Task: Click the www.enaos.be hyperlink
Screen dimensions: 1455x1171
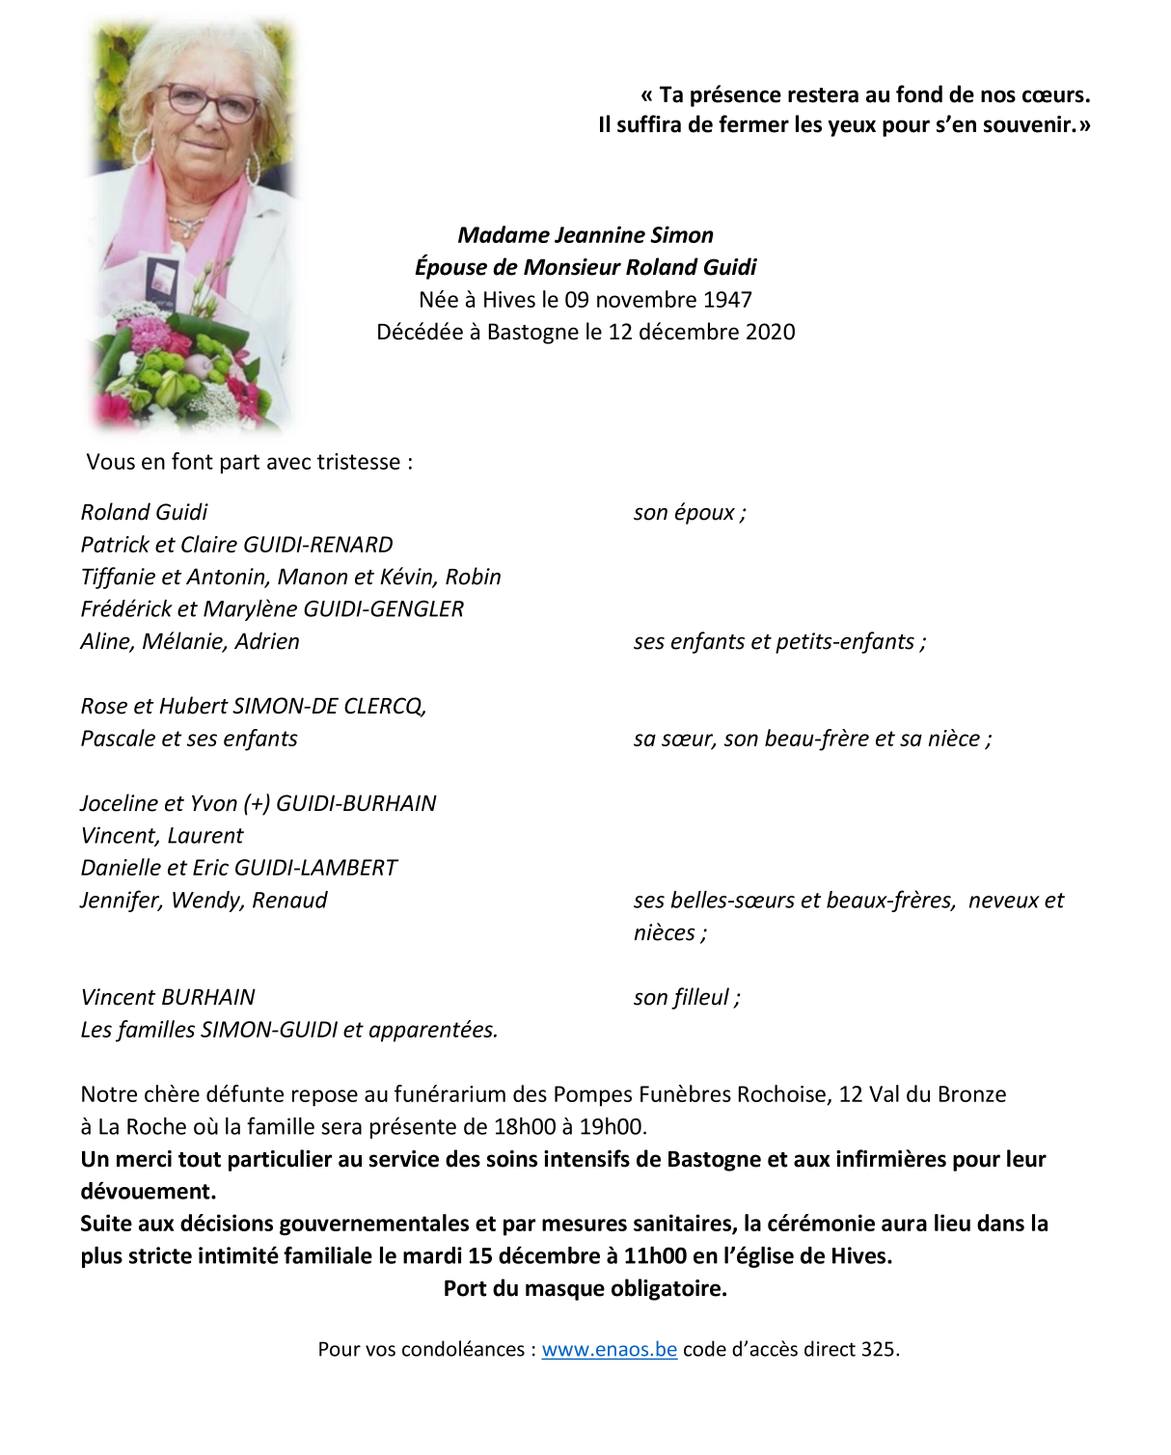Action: pos(609,1349)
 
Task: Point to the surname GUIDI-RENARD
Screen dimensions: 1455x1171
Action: pos(318,545)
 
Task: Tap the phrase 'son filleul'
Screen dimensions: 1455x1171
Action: pos(681,998)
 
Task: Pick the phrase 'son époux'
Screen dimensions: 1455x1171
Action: pos(684,513)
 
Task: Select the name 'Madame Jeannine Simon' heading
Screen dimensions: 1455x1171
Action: pos(585,235)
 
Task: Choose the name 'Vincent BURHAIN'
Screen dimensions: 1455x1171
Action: pos(168,998)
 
